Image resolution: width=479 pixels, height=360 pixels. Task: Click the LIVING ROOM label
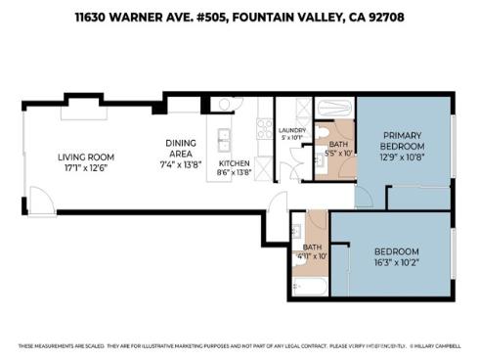tap(86, 157)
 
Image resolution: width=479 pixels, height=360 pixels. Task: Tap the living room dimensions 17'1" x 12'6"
tap(86, 167)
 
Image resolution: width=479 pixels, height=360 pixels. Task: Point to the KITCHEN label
tap(235, 162)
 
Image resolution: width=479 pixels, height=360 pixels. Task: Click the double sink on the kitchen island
tap(224, 137)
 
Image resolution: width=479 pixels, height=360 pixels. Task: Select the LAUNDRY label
tap(292, 129)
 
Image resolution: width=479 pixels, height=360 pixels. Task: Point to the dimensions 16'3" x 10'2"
tap(396, 261)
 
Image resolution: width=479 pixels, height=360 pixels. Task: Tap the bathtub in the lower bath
tap(312, 288)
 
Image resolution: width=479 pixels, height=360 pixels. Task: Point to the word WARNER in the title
tap(139, 17)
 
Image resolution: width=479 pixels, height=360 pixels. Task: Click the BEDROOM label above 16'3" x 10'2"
tap(396, 250)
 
